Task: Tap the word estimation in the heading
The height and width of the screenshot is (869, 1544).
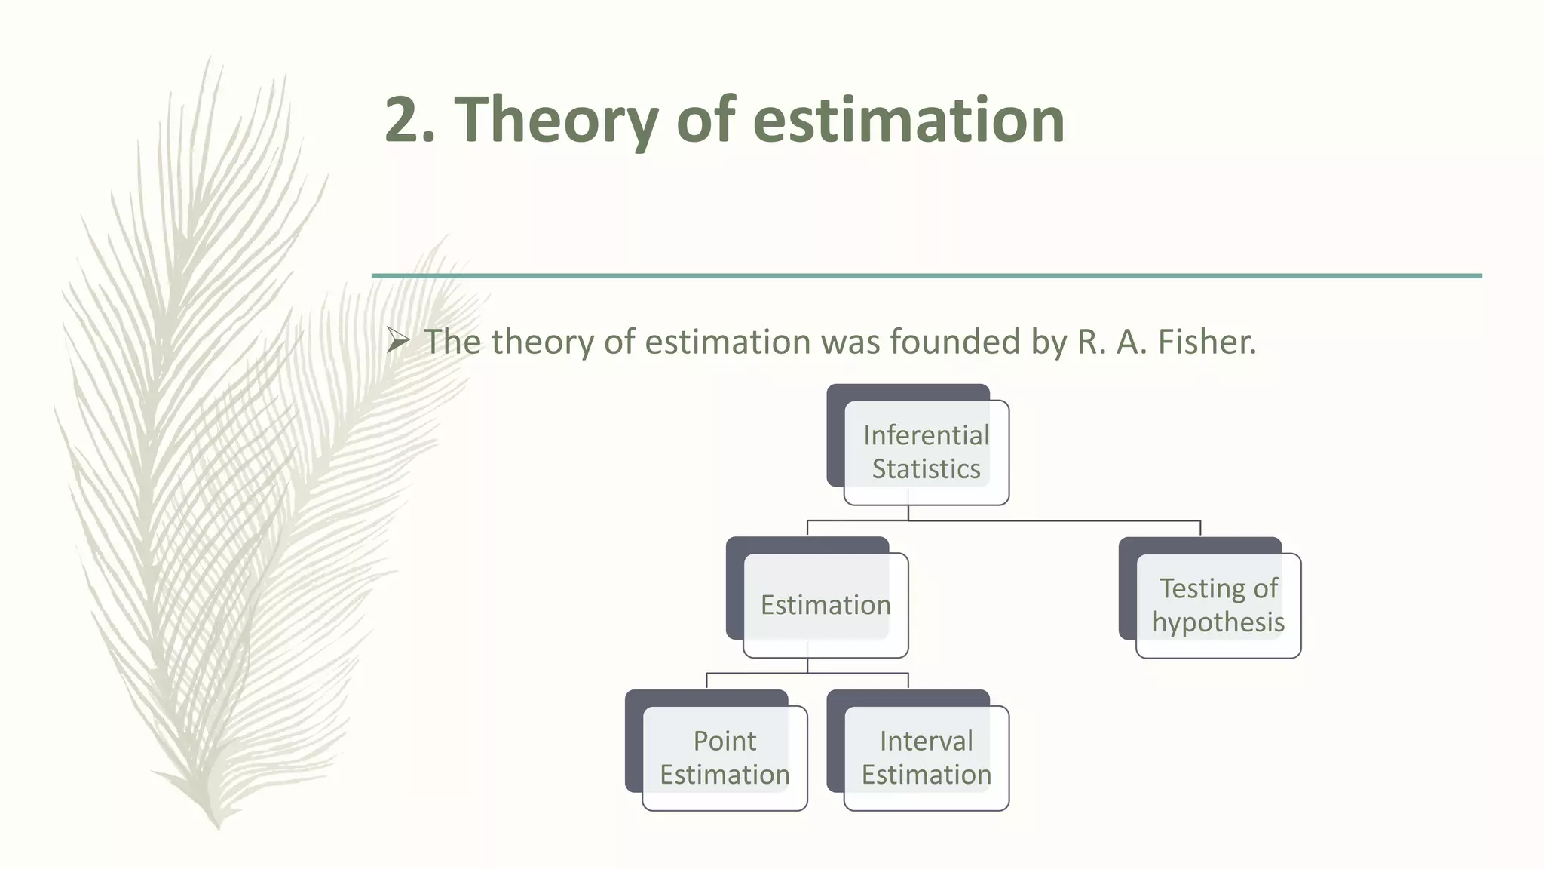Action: tap(908, 121)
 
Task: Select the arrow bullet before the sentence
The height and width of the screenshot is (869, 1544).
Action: tap(397, 342)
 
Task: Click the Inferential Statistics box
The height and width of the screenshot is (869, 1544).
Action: tap(926, 452)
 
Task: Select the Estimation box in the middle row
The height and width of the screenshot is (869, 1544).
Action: tap(825, 605)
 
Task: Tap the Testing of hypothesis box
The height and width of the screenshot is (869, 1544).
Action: tap(1218, 605)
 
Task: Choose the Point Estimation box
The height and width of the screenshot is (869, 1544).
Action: tap(725, 757)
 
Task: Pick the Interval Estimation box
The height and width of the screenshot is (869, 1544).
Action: tap(926, 757)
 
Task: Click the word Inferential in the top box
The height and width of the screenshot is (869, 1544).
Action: tap(926, 435)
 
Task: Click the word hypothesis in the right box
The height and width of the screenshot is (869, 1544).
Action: tap(1218, 622)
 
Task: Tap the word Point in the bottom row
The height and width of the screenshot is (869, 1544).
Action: tap(725, 741)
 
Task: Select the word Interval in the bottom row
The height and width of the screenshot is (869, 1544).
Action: tap(926, 741)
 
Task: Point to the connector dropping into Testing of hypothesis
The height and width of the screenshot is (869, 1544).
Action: tap(1200, 528)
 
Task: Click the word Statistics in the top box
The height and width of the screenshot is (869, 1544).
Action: tap(926, 469)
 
